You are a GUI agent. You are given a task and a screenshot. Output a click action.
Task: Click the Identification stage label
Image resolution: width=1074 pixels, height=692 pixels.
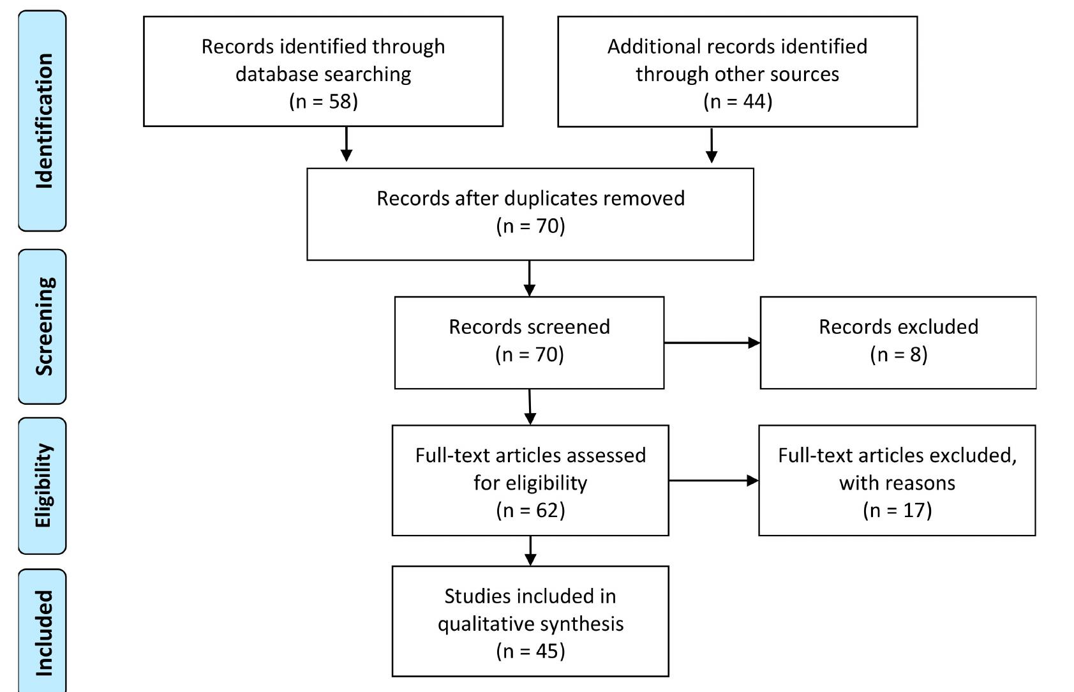point(43,121)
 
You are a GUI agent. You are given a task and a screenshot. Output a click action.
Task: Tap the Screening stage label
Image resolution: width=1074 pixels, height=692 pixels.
point(43,326)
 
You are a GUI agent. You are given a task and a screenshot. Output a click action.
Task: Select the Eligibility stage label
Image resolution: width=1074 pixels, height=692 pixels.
point(43,486)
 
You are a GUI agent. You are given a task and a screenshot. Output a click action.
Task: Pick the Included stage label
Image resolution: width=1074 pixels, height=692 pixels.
point(43,633)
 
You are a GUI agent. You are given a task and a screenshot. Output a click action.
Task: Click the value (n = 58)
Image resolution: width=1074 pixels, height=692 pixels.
point(323,102)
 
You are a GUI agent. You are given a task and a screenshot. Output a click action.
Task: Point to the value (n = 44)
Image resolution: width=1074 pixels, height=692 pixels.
point(737,102)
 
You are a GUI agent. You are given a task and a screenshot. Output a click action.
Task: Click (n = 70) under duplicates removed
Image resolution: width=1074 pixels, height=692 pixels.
point(530,226)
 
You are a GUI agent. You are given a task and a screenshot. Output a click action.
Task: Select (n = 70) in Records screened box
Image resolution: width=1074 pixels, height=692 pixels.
point(530,354)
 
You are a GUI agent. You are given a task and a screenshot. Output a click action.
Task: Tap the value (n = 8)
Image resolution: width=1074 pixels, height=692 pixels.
point(898,354)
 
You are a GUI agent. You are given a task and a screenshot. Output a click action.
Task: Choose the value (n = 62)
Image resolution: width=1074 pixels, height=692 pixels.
point(530,510)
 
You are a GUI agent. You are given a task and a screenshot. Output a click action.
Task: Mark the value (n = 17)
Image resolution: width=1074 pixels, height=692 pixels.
point(897,510)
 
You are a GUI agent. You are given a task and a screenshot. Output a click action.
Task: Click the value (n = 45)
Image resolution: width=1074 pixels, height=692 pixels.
point(530,651)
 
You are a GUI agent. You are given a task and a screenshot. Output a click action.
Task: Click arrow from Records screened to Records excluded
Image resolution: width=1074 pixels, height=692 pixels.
point(712,343)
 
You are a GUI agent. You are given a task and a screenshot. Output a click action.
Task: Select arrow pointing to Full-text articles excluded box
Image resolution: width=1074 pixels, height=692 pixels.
point(713,481)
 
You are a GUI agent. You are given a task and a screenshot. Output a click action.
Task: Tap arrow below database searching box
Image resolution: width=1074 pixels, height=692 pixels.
point(346,144)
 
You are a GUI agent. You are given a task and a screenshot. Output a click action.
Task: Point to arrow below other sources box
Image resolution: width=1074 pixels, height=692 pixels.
point(712,146)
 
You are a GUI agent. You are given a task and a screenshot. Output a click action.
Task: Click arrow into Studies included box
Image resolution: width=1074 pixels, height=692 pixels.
point(530,550)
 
